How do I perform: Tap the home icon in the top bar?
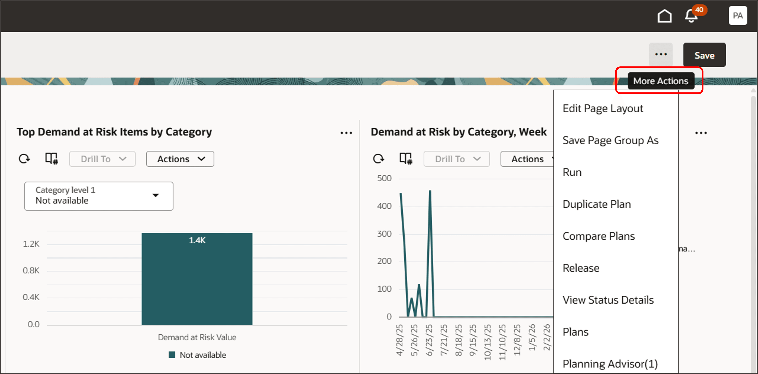click(x=664, y=16)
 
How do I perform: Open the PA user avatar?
click(x=737, y=16)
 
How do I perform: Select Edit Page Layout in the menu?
click(x=603, y=108)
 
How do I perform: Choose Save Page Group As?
click(x=610, y=140)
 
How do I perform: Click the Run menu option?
click(x=572, y=172)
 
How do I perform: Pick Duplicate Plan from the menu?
click(x=596, y=204)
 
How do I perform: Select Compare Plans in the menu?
click(x=599, y=236)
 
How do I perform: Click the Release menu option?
click(x=581, y=268)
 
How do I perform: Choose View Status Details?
click(x=608, y=300)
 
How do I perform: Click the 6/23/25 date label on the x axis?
click(x=429, y=340)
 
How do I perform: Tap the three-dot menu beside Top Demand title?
click(x=346, y=133)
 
